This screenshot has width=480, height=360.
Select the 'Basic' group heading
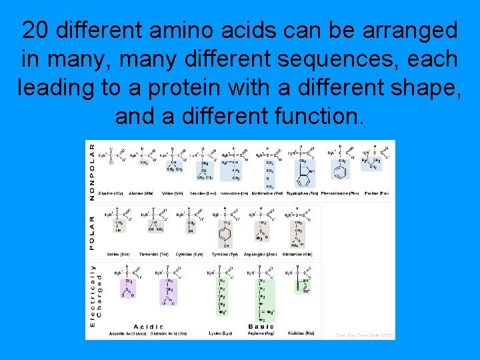[261, 327]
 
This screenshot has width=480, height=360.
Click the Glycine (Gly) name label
[111, 193]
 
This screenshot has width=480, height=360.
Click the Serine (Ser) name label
[115, 255]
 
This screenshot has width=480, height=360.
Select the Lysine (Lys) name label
[221, 333]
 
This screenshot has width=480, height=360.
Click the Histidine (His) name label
[301, 333]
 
